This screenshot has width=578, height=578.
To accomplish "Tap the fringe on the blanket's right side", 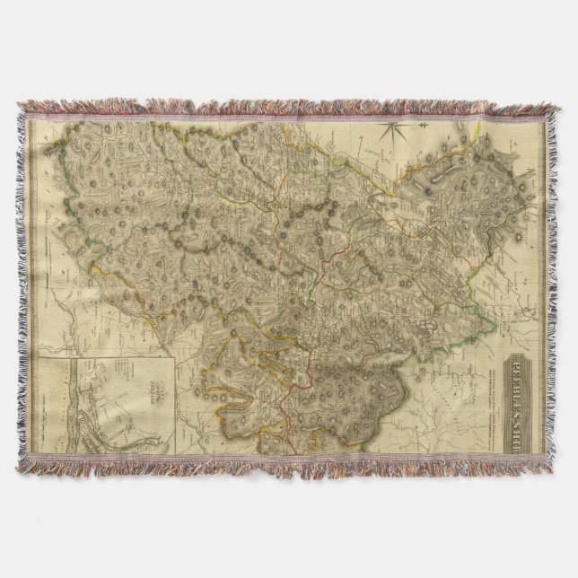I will (561, 287).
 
